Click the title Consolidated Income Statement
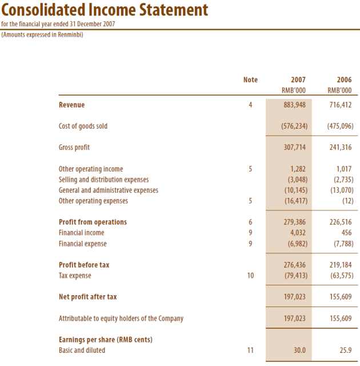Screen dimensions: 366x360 point(105,10)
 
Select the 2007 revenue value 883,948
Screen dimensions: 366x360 point(294,105)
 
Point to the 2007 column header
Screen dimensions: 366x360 point(298,80)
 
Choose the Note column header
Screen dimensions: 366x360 point(250,80)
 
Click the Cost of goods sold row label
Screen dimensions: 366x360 point(83,126)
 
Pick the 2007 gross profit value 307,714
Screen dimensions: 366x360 point(294,148)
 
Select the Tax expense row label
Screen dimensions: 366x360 point(75,276)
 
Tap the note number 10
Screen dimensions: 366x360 point(250,276)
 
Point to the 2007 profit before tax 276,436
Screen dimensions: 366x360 point(294,265)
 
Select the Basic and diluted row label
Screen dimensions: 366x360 point(82,351)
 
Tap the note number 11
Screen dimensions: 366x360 point(250,351)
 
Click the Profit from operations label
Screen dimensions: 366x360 point(93,222)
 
